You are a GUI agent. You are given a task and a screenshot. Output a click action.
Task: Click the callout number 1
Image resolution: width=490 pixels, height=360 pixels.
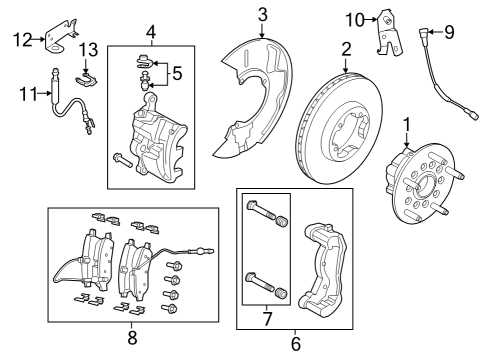(407, 125)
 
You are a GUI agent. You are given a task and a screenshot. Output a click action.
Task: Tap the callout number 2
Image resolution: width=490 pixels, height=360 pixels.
(345, 48)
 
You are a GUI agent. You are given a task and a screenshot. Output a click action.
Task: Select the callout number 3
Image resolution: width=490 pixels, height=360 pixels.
(262, 14)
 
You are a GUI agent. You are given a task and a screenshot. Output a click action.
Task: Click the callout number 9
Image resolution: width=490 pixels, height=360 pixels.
(449, 33)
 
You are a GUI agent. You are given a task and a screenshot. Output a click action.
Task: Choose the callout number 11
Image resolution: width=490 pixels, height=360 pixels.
(28, 94)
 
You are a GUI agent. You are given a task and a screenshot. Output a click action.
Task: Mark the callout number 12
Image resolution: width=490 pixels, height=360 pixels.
(23, 39)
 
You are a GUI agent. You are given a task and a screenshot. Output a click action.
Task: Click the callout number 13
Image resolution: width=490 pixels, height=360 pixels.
(88, 49)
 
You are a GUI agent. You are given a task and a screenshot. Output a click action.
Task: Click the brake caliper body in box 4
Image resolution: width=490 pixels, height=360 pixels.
(155, 146)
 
